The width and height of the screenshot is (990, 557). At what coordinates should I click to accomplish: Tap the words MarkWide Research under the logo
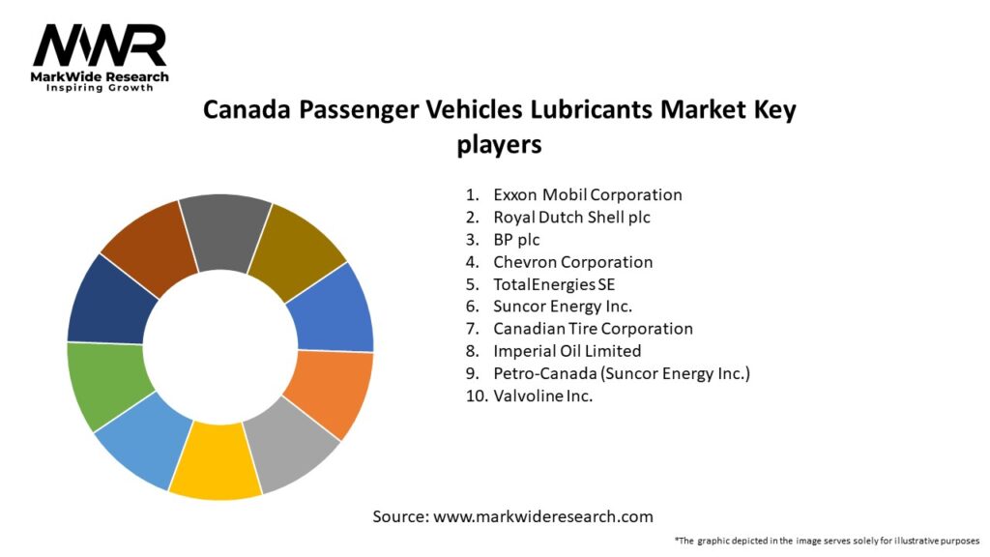point(100,76)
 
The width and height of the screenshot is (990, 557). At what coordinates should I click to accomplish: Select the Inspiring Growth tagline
point(100,89)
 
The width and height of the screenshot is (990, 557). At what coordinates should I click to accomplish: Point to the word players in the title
point(499,144)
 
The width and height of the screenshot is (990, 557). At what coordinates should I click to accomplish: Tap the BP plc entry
point(516,239)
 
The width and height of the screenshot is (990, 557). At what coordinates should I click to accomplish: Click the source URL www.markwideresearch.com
point(542,516)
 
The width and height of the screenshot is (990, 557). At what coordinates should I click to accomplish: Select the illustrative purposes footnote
point(827,540)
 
